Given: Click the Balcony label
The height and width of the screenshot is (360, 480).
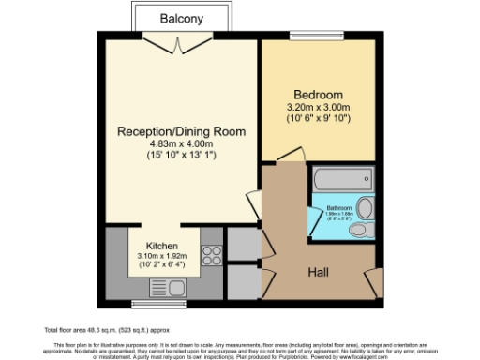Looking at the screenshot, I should (180, 18).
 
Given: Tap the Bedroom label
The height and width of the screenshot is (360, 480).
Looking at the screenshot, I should (318, 96).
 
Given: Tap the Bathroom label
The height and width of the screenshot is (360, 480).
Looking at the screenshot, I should (338, 207).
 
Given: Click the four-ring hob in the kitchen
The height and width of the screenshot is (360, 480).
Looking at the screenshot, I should (211, 253).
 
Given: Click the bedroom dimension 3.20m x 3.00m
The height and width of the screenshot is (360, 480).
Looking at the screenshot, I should (318, 109).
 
